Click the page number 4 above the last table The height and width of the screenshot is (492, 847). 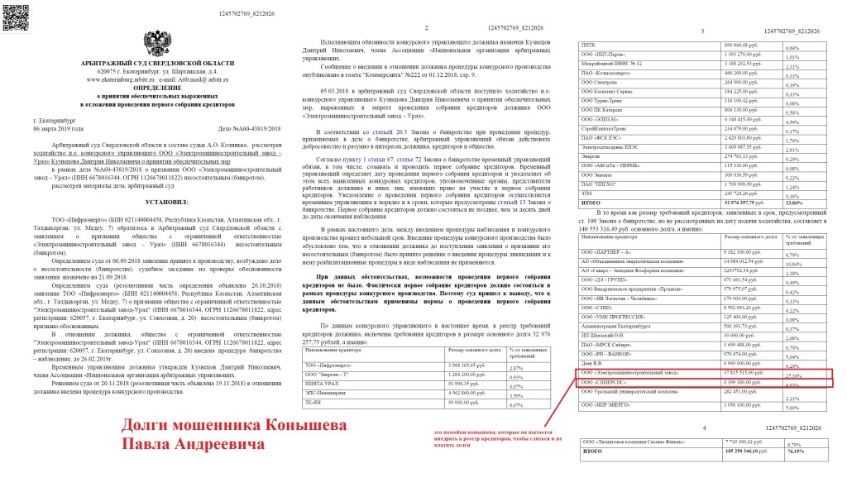coord(702,428)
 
